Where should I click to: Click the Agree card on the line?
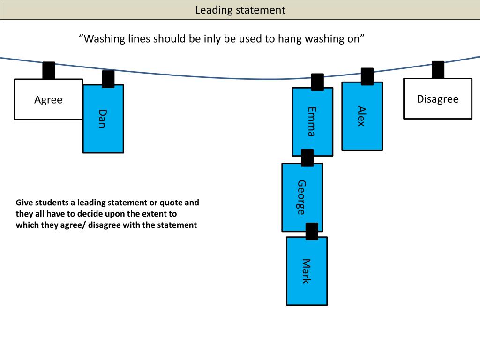point(48,99)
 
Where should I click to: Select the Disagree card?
point(437,99)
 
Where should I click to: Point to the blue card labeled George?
point(302,197)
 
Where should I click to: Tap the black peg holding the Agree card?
point(49,70)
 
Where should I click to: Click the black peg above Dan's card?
point(108,79)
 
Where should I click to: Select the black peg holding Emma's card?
point(317,82)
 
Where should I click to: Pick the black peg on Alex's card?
point(367,76)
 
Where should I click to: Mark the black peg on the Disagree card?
point(438,70)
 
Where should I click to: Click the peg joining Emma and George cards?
point(307,157)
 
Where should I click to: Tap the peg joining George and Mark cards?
point(312,231)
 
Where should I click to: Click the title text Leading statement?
point(240,10)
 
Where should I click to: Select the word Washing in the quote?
point(104,39)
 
